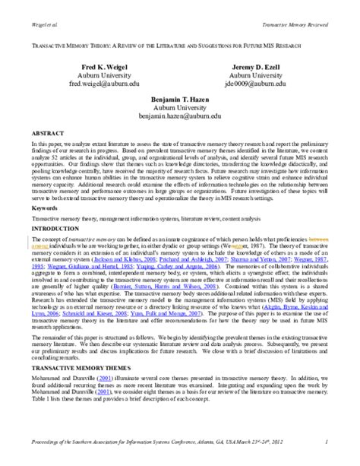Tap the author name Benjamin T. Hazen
pyautogui.click(x=178, y=100)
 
